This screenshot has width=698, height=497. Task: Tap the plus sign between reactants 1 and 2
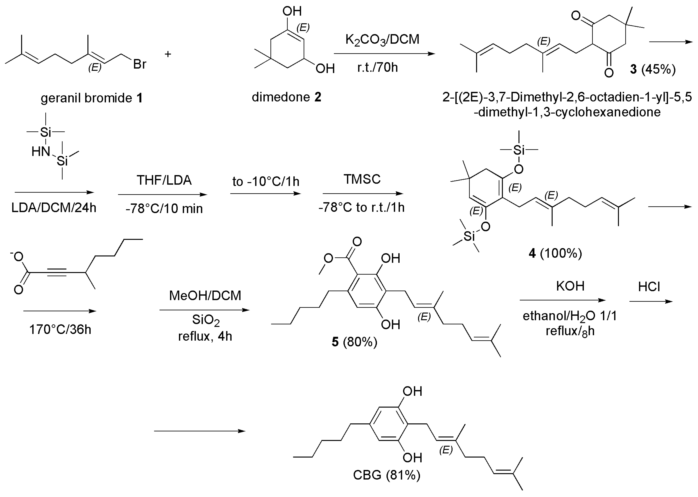pyautogui.click(x=168, y=54)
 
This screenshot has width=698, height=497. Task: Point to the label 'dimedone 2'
pyautogui.click(x=286, y=97)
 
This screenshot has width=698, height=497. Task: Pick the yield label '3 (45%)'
pyautogui.click(x=652, y=69)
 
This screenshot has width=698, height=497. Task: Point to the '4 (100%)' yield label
pyautogui.click(x=555, y=253)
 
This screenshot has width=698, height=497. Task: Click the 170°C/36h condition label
pyautogui.click(x=60, y=330)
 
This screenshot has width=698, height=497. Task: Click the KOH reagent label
pyautogui.click(x=570, y=286)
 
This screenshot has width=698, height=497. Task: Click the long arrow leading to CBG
pyautogui.click(x=200, y=431)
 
